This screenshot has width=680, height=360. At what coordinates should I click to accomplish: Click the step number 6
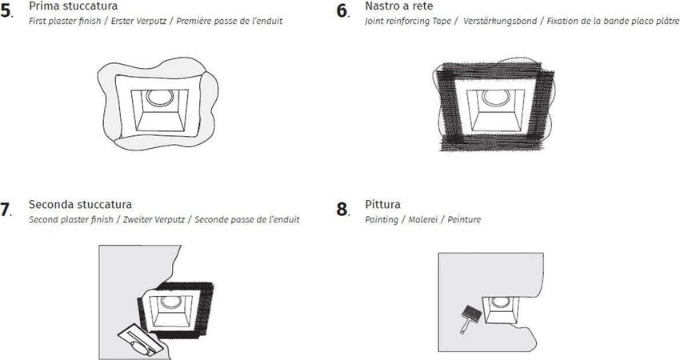tap(342, 11)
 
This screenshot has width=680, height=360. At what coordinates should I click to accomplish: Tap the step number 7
tap(6, 210)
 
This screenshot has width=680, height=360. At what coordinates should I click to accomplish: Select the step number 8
tap(342, 210)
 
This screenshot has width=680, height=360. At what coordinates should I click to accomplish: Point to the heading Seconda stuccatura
tap(80, 205)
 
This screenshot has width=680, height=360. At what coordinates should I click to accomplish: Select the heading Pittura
tap(382, 205)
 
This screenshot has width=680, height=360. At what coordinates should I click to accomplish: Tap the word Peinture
tap(465, 219)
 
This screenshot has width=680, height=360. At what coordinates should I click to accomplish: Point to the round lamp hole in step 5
tap(159, 98)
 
